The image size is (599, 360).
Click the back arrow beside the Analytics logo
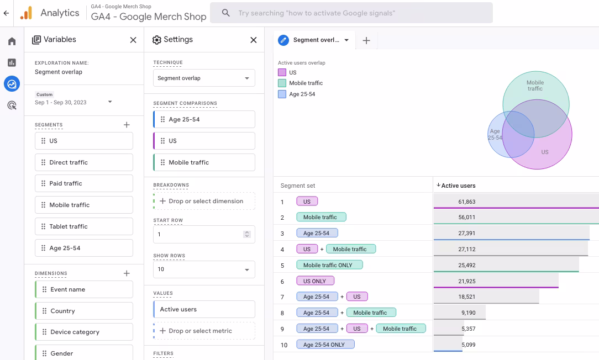click(6, 13)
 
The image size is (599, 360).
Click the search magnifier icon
click(226, 13)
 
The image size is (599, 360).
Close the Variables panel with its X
click(133, 40)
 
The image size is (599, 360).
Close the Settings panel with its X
click(253, 40)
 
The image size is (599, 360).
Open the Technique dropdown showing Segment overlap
click(204, 78)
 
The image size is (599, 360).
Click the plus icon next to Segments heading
click(127, 125)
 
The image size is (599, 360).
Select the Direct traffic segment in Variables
click(84, 162)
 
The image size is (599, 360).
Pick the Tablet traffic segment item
click(84, 226)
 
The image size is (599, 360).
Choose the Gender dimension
click(84, 353)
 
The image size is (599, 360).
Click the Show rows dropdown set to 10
click(204, 269)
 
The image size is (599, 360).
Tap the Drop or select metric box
click(204, 331)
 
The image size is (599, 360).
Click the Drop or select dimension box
click(204, 201)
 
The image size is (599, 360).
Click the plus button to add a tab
click(366, 40)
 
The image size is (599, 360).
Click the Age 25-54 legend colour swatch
click(282, 94)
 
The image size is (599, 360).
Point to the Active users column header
click(458, 186)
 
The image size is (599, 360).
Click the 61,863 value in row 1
click(467, 202)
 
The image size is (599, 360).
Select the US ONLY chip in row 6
click(315, 281)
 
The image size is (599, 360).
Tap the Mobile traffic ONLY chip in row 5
click(329, 265)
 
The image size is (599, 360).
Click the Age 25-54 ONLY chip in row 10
click(325, 345)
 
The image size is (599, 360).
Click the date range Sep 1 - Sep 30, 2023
click(61, 102)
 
